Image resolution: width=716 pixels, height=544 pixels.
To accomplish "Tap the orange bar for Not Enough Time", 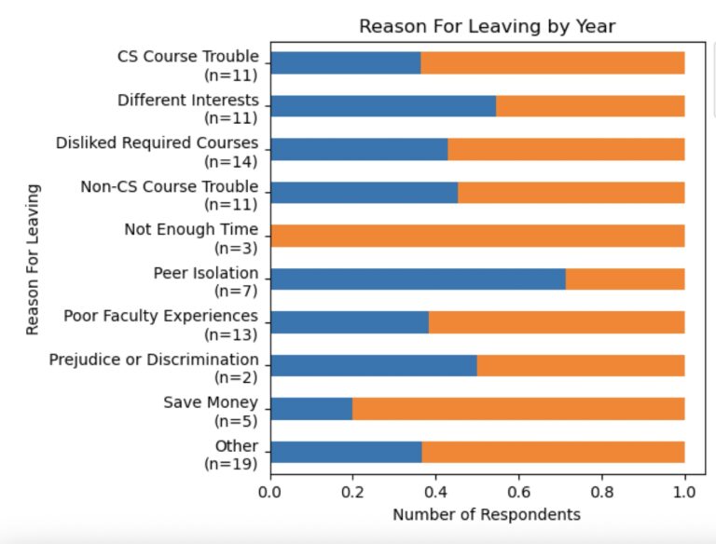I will (x=477, y=236).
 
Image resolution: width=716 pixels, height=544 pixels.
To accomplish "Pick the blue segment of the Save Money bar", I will (x=311, y=408).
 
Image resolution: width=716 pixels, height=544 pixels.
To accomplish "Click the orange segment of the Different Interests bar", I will (x=590, y=105).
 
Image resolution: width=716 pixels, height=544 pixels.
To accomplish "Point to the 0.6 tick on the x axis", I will (x=519, y=490).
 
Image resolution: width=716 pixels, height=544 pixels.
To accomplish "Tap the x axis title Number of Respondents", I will (x=486, y=514).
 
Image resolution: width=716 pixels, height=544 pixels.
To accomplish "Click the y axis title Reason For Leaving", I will (x=34, y=259).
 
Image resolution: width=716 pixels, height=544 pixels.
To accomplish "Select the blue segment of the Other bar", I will (x=346, y=452).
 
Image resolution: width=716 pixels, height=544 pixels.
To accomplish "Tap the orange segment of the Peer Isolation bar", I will (x=625, y=279).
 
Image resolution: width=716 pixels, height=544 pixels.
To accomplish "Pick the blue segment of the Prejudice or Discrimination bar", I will (x=373, y=365).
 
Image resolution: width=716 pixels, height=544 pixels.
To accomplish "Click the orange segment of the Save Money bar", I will (x=518, y=408).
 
